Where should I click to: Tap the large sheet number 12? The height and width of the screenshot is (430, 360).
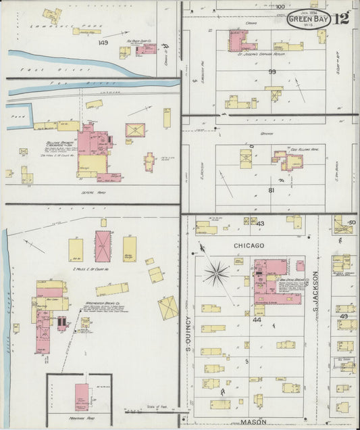[341, 18]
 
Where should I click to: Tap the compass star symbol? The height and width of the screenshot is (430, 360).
[217, 272]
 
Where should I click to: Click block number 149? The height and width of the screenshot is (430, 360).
[103, 43]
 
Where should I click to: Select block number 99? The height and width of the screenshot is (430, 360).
[272, 71]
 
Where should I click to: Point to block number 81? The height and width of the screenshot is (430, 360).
[272, 190]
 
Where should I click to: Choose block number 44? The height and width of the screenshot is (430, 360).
[257, 318]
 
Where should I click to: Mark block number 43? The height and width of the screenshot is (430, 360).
[259, 223]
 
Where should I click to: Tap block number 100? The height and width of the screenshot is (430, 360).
[280, 6]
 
